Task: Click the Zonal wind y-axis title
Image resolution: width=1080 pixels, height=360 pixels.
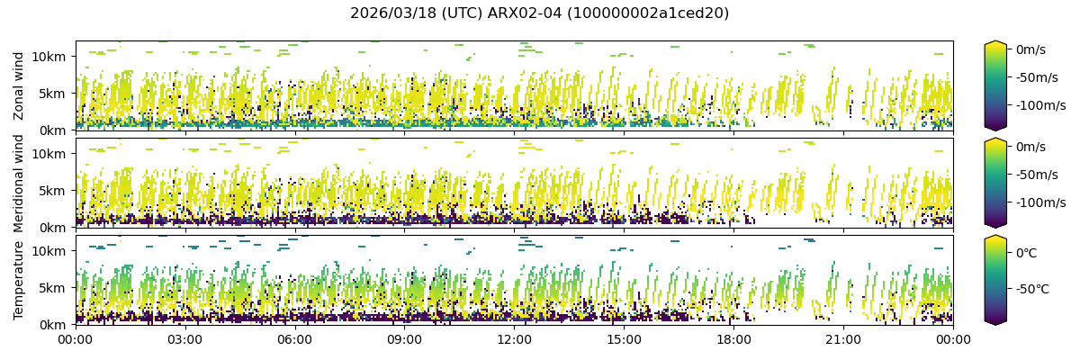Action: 19,85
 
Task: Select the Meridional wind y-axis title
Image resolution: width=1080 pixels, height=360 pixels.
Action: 19,183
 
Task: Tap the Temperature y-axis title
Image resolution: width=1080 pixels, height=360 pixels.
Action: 19,279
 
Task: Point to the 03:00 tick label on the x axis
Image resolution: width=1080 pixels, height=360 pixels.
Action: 184,339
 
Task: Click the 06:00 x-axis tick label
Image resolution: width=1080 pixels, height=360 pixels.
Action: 294,339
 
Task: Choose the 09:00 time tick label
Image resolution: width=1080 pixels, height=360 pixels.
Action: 404,339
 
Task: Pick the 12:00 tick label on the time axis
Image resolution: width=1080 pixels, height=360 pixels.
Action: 514,339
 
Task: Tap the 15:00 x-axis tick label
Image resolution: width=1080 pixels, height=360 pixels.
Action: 624,339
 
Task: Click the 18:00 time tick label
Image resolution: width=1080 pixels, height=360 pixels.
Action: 733,339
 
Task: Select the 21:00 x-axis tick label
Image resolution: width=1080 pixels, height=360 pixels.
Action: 843,339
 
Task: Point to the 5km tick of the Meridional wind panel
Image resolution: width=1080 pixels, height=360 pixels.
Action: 54,190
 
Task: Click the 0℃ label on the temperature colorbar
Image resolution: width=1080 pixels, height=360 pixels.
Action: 1026,253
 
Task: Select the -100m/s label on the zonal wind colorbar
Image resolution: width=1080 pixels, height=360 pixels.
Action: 1040,105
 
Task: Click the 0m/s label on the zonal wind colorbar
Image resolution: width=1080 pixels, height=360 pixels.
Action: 1030,49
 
